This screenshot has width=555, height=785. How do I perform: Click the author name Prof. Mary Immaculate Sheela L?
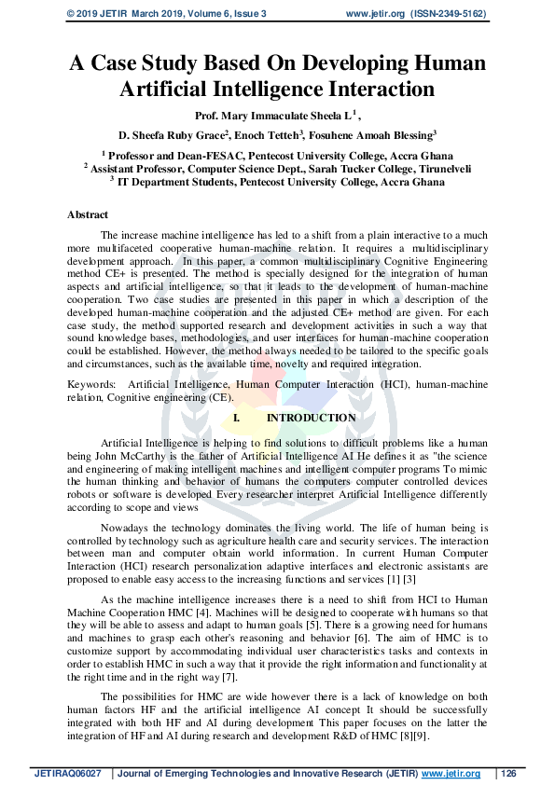tap(267, 116)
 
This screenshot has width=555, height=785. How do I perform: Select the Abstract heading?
tap(88, 214)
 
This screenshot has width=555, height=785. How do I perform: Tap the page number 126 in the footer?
tap(508, 774)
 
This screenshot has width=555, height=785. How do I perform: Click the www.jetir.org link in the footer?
tap(451, 774)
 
